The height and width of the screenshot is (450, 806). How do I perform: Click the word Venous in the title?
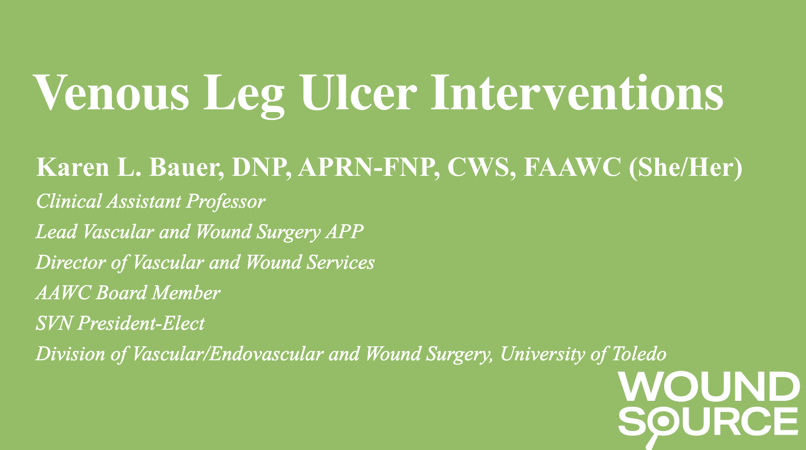tap(111, 93)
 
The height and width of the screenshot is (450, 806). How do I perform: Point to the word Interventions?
tap(577, 93)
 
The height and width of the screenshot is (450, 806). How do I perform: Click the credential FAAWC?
tap(572, 168)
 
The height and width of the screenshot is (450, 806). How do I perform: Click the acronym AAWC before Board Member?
tap(63, 293)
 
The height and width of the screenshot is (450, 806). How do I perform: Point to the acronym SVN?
tap(54, 323)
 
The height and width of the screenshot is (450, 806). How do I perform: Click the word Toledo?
tap(639, 354)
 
